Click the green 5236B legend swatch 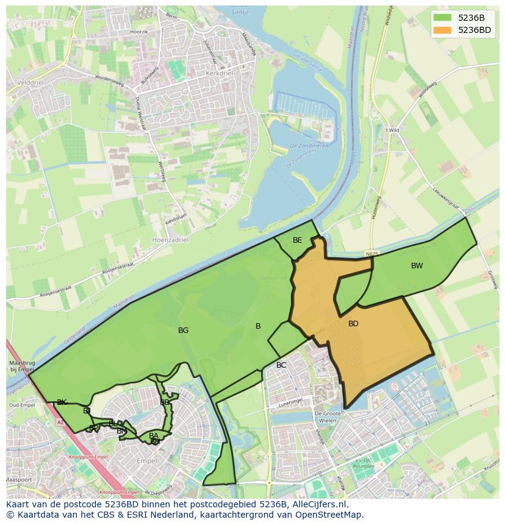pos(443,18)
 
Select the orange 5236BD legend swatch pos(443,30)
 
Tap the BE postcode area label pos(297,240)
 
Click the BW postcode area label pos(417,266)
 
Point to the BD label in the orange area pos(353,324)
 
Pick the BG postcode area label pos(183,330)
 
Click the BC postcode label pos(281,365)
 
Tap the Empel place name pos(148,460)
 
